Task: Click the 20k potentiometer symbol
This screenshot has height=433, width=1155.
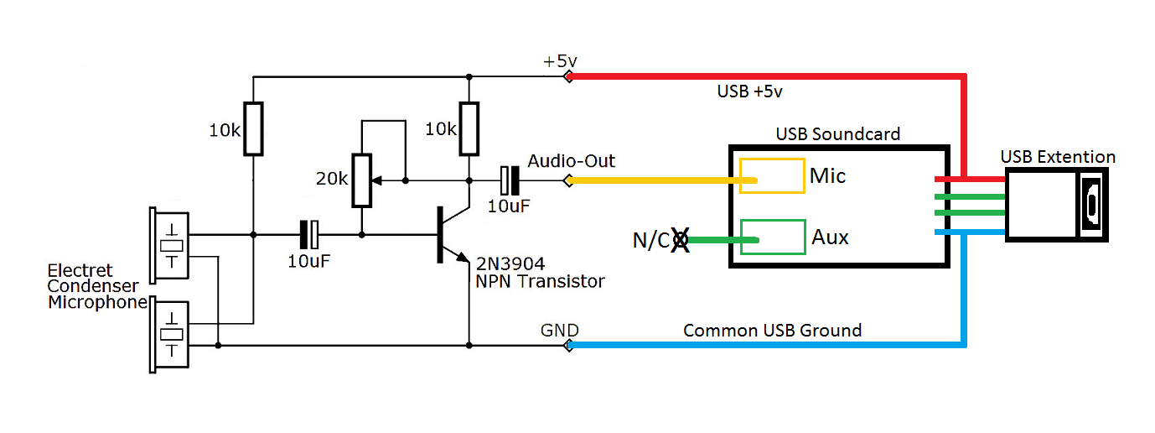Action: tap(362, 180)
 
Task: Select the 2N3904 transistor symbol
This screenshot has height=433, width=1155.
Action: tap(449, 234)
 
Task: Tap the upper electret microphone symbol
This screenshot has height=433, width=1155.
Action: tap(170, 245)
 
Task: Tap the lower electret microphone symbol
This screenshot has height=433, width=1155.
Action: tap(170, 334)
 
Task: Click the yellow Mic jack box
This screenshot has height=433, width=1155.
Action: tap(770, 176)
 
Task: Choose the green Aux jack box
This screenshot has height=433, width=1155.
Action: tap(771, 237)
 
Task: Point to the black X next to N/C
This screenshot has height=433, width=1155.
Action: tap(678, 241)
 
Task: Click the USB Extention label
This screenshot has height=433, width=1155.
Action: tap(1058, 157)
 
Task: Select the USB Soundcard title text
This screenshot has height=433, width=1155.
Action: tap(837, 134)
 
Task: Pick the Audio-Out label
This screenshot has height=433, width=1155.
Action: tap(571, 160)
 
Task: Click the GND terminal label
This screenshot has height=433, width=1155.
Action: tap(559, 330)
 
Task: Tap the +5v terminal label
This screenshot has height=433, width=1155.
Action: tap(560, 61)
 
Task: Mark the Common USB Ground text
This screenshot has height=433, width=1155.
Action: tap(772, 330)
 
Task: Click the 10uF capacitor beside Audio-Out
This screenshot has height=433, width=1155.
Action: tap(508, 180)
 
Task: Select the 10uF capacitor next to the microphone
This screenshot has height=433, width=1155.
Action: tap(310, 234)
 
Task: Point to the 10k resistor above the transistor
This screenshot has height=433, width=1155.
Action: tap(469, 129)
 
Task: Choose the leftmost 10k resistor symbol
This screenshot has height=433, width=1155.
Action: tap(253, 129)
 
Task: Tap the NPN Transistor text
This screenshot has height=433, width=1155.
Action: tap(540, 281)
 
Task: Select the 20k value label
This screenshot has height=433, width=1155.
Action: tap(332, 179)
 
